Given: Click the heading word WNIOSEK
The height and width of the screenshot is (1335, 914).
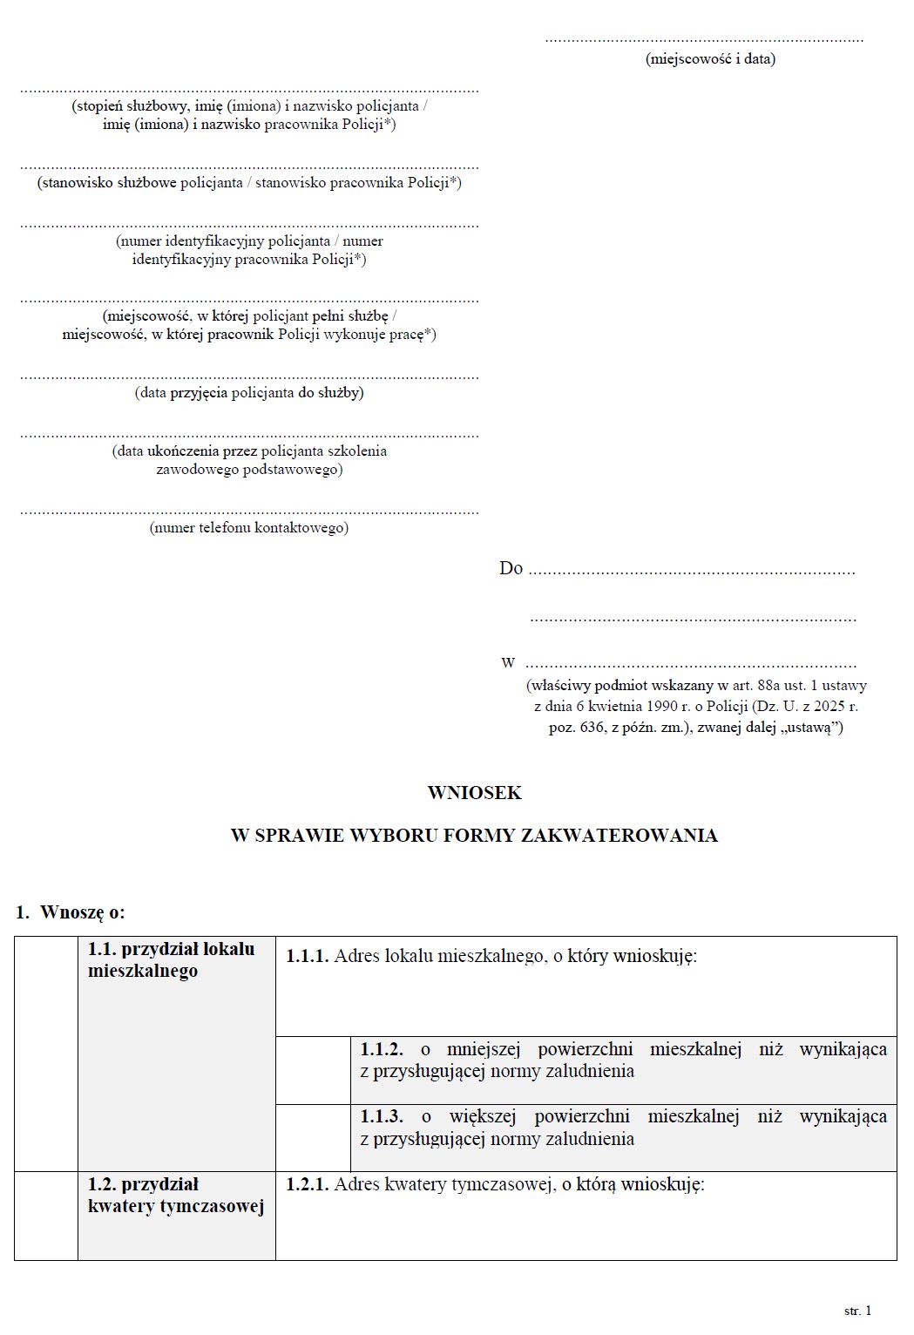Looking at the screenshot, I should tap(474, 792).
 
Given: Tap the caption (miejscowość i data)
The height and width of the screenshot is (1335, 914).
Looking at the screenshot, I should tap(709, 59).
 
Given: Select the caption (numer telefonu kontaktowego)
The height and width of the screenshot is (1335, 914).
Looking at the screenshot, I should tap(249, 527).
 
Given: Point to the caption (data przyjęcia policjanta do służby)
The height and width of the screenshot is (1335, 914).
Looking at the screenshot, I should tap(249, 392).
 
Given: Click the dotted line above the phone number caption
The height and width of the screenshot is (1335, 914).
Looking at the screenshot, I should tap(249, 512).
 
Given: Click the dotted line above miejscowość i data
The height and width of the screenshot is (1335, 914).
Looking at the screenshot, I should tap(704, 40).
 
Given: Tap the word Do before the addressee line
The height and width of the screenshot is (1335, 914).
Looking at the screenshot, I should tap(511, 568).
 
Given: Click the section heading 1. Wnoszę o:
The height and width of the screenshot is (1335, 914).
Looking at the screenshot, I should tap(71, 912).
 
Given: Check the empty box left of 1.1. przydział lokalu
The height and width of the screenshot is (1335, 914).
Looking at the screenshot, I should tap(46, 1054).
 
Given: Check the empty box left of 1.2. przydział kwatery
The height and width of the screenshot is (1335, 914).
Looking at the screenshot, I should tap(46, 1216).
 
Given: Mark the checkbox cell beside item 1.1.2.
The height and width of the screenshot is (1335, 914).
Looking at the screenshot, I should tap(313, 1070).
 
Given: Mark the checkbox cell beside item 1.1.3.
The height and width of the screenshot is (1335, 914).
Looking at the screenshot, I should tap(313, 1138).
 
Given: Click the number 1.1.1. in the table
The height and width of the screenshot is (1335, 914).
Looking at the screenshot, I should tap(307, 956).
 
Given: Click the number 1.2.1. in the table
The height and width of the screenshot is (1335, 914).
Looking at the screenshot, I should tap(307, 1184).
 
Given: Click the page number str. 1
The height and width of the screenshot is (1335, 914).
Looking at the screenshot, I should tap(857, 1311).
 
